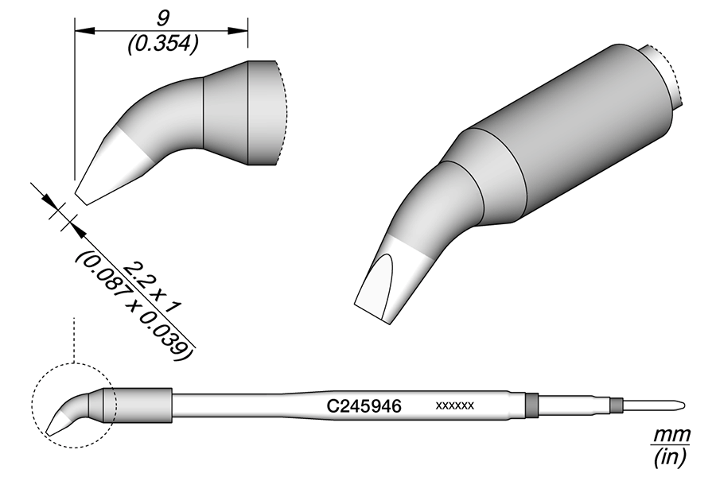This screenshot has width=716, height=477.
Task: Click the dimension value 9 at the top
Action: pyautogui.click(x=162, y=14)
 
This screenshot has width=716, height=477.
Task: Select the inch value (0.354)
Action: pyautogui.click(x=162, y=45)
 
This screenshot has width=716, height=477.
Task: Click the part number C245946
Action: pyautogui.click(x=364, y=405)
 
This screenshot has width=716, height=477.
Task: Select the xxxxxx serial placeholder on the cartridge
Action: pyautogui.click(x=455, y=405)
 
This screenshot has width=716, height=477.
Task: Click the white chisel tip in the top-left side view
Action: pyautogui.click(x=111, y=167)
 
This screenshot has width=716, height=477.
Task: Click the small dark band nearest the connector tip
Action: pyautogui.click(x=615, y=405)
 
